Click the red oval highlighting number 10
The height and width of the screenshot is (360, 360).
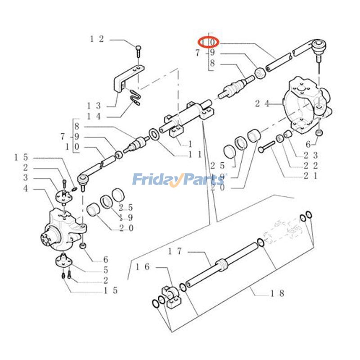click(209, 42)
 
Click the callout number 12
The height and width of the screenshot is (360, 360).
click(97, 39)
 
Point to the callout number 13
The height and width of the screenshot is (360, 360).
click(94, 105)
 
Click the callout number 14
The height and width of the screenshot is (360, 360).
click(94, 117)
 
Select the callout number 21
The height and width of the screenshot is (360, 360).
click(311, 175)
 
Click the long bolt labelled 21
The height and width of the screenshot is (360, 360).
click(267, 147)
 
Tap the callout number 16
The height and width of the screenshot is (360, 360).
click(143, 267)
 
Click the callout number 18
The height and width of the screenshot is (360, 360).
click(277, 293)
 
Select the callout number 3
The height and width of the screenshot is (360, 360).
click(26, 178)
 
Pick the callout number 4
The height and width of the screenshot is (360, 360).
click(26, 189)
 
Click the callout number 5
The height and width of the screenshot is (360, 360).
click(105, 270)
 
